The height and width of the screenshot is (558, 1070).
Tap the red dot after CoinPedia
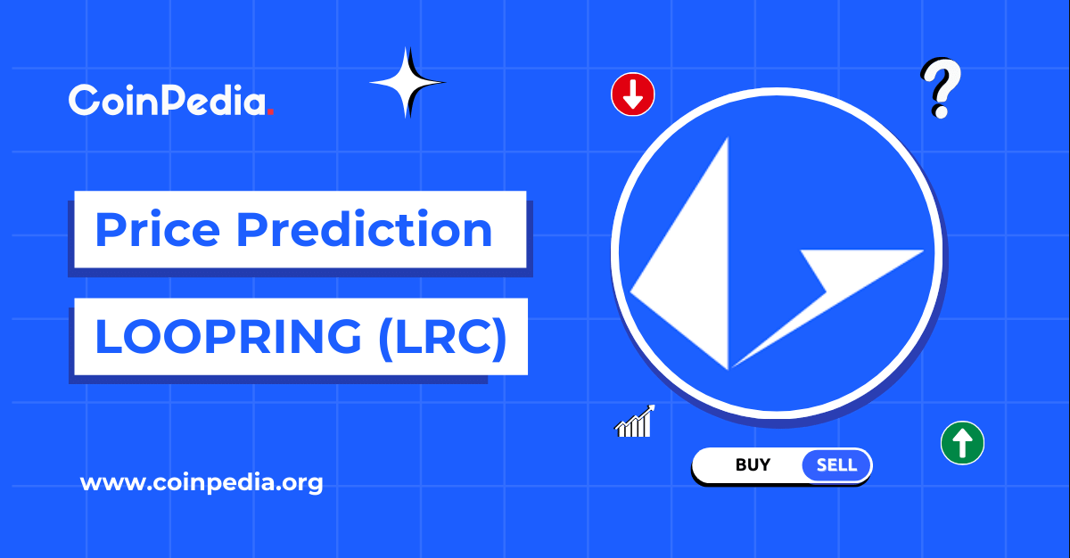coord(270,111)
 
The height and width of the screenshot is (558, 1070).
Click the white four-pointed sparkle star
coord(407,83)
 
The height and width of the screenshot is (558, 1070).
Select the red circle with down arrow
coord(633,94)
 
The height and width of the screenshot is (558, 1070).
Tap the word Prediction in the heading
coord(366,230)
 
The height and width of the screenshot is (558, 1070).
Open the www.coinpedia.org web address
coord(202,484)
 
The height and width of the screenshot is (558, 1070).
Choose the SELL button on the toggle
coord(836,464)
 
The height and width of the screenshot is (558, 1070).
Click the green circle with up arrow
coord(962,442)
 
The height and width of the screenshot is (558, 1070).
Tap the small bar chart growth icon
coord(635,422)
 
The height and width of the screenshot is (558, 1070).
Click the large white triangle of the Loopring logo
coord(691,267)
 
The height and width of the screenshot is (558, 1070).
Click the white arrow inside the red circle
coord(633,94)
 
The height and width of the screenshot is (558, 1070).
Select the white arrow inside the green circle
coord(962,442)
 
